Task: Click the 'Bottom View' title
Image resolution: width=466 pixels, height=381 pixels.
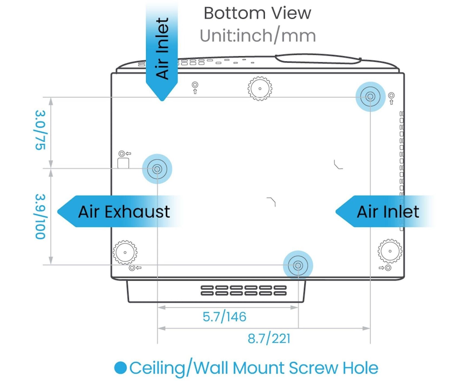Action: (x=257, y=13)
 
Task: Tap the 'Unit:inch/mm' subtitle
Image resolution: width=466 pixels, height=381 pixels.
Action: (x=258, y=36)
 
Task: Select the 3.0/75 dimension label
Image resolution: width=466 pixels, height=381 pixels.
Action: (x=40, y=130)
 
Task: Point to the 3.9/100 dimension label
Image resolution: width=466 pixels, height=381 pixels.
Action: (x=40, y=216)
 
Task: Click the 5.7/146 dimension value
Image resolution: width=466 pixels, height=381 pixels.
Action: (x=224, y=317)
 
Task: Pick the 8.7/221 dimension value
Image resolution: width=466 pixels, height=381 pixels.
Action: (x=269, y=339)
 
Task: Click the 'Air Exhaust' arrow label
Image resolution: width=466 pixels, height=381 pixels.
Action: (x=119, y=211)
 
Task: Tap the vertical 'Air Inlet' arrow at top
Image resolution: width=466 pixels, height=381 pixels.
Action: (x=162, y=51)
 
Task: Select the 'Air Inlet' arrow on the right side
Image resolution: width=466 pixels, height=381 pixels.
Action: (x=384, y=211)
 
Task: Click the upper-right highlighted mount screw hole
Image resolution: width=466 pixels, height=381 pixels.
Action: (x=370, y=97)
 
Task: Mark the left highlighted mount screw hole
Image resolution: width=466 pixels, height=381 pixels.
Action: (x=157, y=169)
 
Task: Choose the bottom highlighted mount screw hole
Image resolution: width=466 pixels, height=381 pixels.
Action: (x=298, y=265)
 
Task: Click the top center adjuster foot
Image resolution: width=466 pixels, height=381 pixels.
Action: (x=260, y=88)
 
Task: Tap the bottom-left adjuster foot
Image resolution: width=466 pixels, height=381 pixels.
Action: (x=125, y=252)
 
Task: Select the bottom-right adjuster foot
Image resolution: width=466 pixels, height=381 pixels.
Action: (x=390, y=251)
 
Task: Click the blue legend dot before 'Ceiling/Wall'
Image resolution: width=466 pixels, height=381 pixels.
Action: (x=120, y=368)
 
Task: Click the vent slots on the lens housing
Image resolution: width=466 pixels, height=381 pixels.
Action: (x=243, y=290)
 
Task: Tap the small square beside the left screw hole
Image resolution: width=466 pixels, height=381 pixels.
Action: (x=123, y=163)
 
